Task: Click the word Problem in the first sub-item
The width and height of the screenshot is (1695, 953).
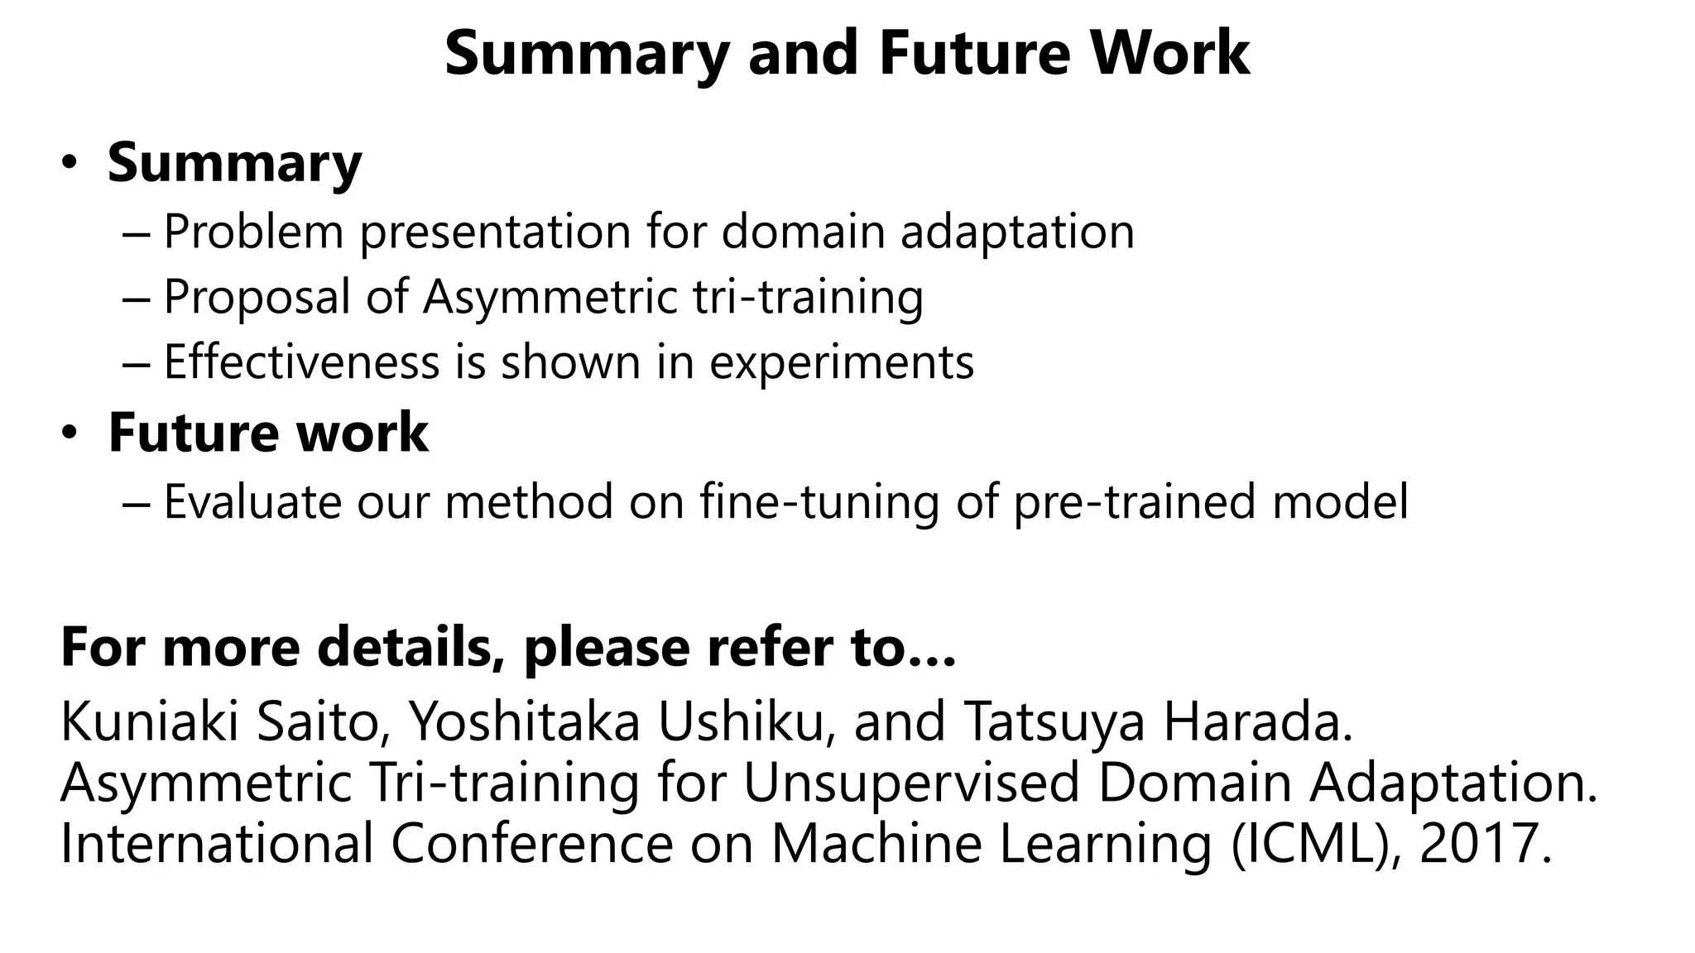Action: (253, 232)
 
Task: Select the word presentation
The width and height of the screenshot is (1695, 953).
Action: (495, 233)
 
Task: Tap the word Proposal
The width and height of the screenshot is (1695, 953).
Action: (257, 298)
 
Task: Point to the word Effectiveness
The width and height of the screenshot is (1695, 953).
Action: (301, 362)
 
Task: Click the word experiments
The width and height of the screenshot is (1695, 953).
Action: (842, 364)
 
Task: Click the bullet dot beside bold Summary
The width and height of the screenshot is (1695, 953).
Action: (70, 162)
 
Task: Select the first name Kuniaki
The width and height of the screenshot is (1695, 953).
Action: (150, 721)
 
